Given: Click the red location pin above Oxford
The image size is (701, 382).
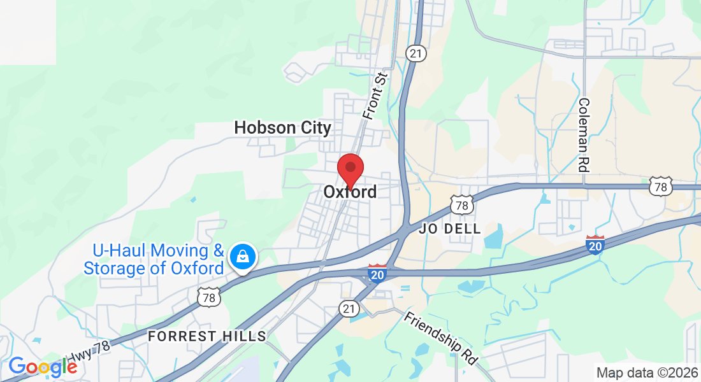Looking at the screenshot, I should (350, 169).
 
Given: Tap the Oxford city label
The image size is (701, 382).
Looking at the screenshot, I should (350, 192).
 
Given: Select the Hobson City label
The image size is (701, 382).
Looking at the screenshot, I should (282, 128).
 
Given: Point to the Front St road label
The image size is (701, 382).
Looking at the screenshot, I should (375, 95).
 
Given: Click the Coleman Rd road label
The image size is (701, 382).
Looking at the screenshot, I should (583, 135).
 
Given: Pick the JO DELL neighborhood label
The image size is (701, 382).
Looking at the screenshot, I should (450, 229).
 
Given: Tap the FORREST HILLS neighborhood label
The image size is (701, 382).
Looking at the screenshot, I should (207, 336).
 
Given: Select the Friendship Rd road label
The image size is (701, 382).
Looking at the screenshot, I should (441, 337).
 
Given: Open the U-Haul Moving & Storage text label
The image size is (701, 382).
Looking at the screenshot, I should (154, 260).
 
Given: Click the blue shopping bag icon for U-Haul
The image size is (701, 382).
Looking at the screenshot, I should (243, 257).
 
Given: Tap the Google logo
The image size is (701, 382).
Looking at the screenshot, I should (42, 366).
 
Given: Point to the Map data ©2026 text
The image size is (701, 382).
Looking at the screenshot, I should (646, 372).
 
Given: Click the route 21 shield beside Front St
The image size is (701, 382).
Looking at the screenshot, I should (416, 53).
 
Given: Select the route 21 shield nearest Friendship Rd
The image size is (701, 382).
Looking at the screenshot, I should (347, 308).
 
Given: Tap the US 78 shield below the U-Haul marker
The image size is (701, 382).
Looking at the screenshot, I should (208, 296).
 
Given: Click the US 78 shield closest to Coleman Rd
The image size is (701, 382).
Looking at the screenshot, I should (661, 187).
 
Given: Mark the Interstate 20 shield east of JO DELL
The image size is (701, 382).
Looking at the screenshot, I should (595, 244).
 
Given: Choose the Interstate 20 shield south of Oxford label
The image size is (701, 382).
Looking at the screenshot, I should (377, 273).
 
